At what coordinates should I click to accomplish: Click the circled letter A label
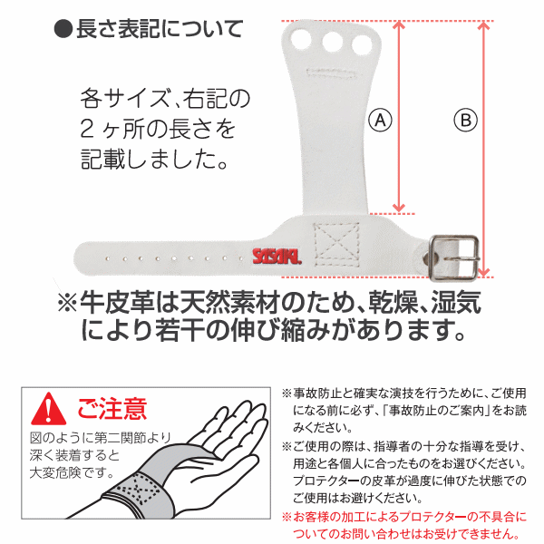(x=380, y=121)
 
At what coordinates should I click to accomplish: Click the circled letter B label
(x=466, y=121)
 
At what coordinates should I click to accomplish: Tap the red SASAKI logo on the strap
(x=277, y=257)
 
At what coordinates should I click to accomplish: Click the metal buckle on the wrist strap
(x=454, y=257)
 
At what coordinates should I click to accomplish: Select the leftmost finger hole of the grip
(x=301, y=39)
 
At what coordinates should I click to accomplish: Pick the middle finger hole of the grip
(x=333, y=43)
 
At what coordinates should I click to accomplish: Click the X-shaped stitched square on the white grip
(x=336, y=245)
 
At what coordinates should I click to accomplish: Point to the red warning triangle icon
(x=49, y=410)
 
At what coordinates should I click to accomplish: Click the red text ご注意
(x=112, y=409)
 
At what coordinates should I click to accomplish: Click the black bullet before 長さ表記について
(x=63, y=28)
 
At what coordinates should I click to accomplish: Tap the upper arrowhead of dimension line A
(x=399, y=25)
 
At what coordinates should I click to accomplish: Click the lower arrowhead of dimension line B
(x=484, y=273)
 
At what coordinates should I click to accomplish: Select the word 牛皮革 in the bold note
(x=117, y=302)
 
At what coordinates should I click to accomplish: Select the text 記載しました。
(x=154, y=160)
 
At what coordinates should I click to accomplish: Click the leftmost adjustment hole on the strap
(x=108, y=258)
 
